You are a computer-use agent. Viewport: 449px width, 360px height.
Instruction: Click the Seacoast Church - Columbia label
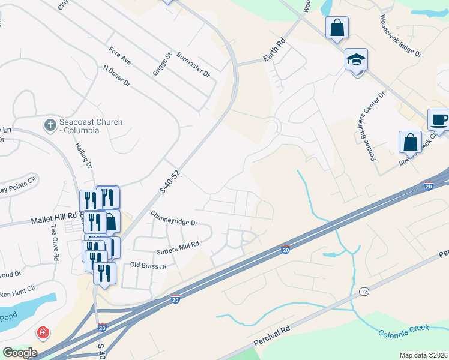point(91,127)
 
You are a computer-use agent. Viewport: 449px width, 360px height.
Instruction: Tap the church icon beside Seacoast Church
point(49,126)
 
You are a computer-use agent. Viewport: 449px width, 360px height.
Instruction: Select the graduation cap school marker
point(356,60)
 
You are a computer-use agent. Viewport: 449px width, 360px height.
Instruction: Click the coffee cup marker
point(439,119)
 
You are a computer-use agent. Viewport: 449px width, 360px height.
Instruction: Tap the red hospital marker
point(43,332)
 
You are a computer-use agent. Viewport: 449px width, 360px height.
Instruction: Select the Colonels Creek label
point(404,331)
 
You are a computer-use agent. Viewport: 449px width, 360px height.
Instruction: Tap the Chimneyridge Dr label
point(174,218)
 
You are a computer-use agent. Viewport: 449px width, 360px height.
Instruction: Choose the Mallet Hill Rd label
point(55,221)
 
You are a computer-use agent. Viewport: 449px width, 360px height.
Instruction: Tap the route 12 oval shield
point(364,291)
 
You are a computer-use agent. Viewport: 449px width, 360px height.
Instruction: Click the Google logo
point(19,353)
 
